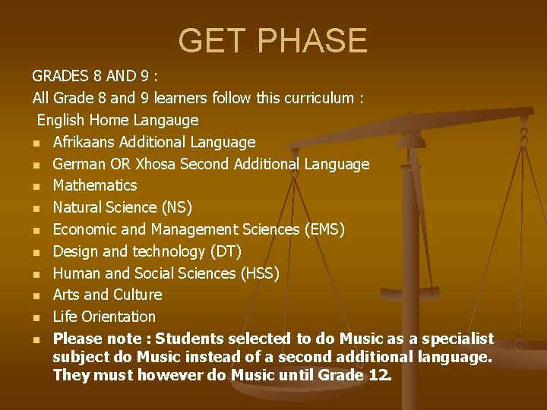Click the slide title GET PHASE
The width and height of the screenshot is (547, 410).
pos(273,40)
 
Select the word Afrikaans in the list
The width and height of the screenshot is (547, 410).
pos(84,142)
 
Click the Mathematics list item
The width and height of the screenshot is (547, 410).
pos(95,185)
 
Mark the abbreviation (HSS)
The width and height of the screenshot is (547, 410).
pos(259,273)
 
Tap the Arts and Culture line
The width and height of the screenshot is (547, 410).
pos(107,295)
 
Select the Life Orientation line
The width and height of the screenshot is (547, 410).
pos(104,317)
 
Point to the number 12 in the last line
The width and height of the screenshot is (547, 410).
pos(381,374)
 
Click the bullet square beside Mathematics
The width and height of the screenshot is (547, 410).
pos(36,186)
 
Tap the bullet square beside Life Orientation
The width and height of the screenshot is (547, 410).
pos(36,317)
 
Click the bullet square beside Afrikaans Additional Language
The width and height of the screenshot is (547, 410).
pos(36,143)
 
